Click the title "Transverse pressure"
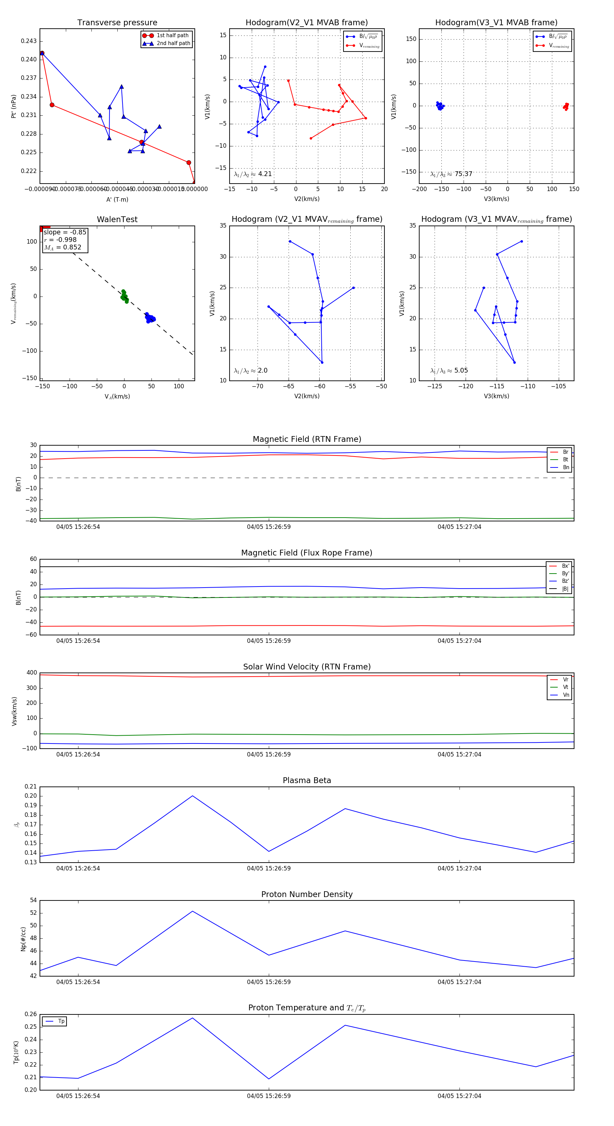[117, 23]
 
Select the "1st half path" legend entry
[172, 35]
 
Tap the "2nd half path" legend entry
[173, 43]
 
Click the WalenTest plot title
[117, 219]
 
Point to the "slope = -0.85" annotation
[65, 232]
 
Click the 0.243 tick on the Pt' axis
[29, 41]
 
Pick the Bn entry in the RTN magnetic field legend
[566, 467]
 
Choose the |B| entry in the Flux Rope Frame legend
[565, 589]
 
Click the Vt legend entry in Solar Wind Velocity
[566, 687]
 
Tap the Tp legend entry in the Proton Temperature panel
[61, 1021]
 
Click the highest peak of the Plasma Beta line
[192, 796]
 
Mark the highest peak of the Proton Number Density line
[192, 911]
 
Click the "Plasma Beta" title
[307, 780]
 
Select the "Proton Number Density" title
[307, 894]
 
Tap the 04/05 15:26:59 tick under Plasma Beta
[269, 868]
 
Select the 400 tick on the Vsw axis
[32, 673]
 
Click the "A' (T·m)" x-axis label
[117, 199]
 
